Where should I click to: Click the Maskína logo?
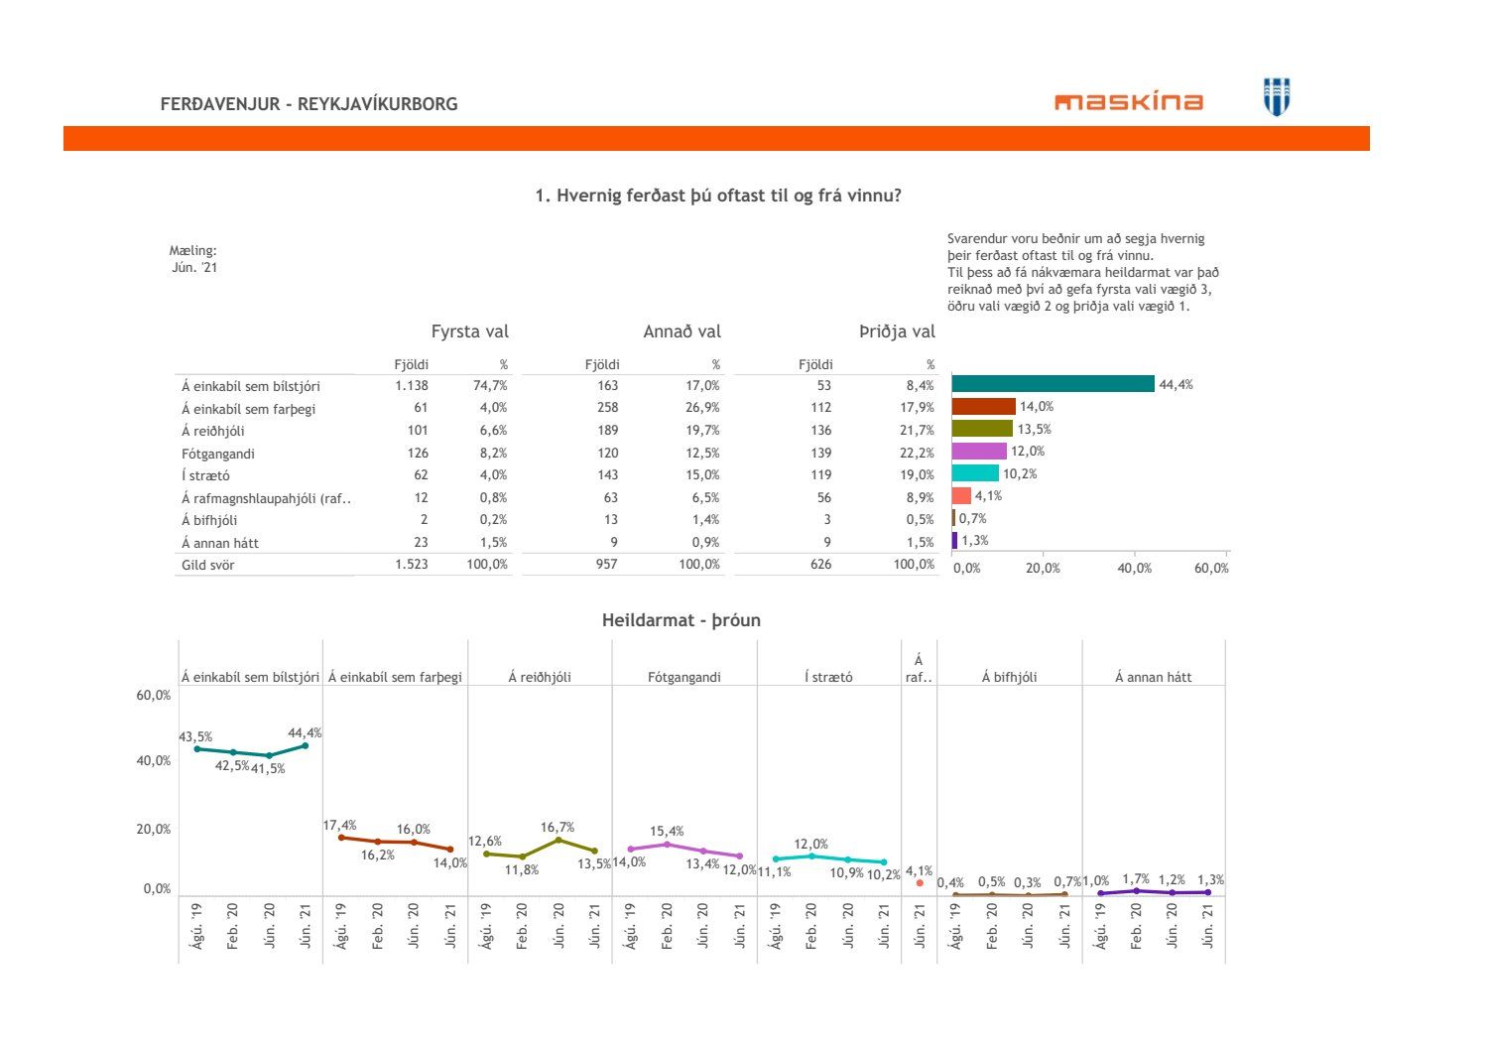1129,101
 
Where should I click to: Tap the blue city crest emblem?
1277,97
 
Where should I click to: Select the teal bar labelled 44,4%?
1053,384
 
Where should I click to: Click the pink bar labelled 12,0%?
979,452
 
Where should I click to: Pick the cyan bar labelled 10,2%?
975,473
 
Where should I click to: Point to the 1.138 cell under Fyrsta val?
411,385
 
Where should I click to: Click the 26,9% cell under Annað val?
702,407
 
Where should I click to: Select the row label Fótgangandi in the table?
218,454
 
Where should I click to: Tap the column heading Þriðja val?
897,331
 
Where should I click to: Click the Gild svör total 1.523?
411,564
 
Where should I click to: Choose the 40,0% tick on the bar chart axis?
1135,569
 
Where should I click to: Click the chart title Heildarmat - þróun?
681,620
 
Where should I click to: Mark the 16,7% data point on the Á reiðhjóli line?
558,840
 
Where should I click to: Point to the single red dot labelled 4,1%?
920,882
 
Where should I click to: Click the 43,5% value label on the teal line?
195,736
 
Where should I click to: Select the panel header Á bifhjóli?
1009,677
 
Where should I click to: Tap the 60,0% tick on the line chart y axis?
153,695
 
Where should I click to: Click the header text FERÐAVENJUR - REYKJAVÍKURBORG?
309,104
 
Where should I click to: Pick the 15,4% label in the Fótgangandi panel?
667,832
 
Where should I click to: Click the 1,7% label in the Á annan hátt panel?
1136,879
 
